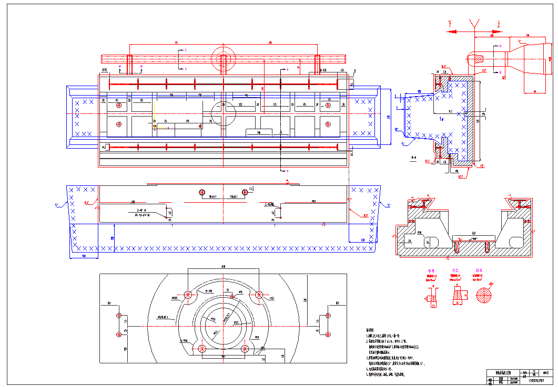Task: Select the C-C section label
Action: (x=455, y=270)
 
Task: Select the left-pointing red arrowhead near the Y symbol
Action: (x=450, y=32)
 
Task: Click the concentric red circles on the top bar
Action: (x=224, y=58)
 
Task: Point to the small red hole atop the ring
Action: (x=231, y=296)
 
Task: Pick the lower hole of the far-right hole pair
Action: (x=328, y=334)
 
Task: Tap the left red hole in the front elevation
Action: (x=202, y=192)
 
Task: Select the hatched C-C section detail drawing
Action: (x=458, y=296)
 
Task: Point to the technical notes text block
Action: (x=394, y=352)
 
